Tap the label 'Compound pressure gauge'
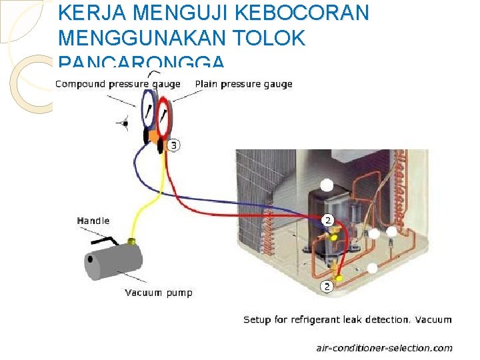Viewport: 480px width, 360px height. (117, 84)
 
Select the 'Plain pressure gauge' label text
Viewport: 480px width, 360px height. (243, 84)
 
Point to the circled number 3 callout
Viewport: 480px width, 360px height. (173, 145)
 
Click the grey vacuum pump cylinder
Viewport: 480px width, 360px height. (113, 261)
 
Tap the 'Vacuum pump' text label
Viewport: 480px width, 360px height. (159, 293)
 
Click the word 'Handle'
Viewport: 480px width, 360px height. (93, 221)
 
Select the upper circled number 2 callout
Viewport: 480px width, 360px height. (327, 219)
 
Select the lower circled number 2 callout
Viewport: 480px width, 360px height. (327, 287)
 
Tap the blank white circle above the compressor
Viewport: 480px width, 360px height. (327, 185)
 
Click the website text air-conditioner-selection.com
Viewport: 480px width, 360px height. (383, 347)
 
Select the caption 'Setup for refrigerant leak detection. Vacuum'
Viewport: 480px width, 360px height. (347, 320)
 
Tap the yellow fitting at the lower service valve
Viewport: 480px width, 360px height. (339, 276)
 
